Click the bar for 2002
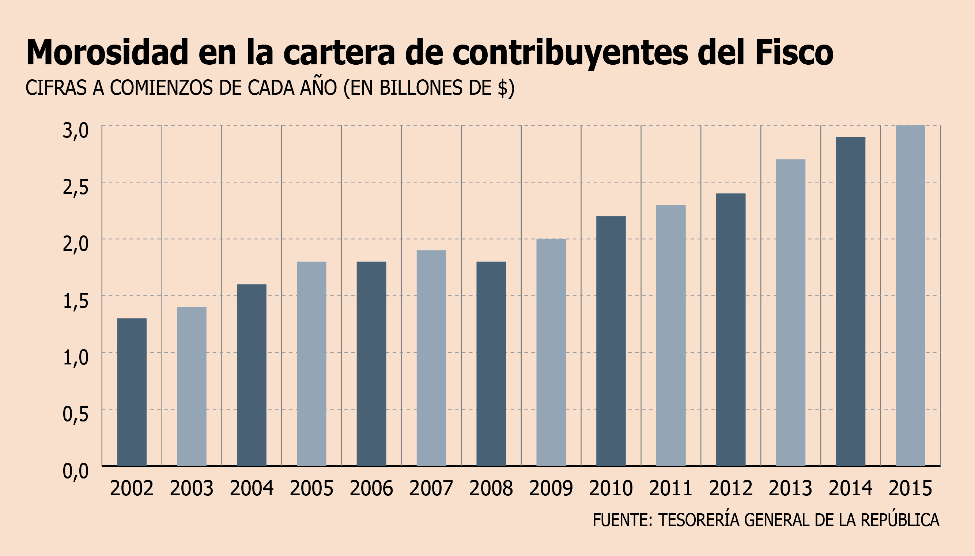(x=132, y=392)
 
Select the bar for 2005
(x=311, y=364)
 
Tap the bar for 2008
(x=491, y=364)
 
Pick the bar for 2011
(x=671, y=335)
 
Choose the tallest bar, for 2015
(x=910, y=296)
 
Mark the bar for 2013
(x=790, y=313)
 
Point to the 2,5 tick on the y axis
(x=76, y=187)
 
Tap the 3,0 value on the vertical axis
(x=76, y=131)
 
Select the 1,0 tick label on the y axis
(x=76, y=358)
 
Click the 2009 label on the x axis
(x=551, y=488)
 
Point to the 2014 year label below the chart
(x=850, y=488)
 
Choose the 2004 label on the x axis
(x=252, y=488)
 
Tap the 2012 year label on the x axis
(x=730, y=488)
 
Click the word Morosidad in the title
(x=107, y=52)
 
